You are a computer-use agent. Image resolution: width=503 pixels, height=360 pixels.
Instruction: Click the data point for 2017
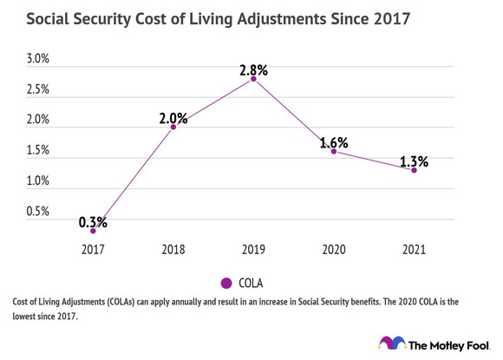93,231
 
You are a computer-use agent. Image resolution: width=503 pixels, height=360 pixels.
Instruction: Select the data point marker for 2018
173,127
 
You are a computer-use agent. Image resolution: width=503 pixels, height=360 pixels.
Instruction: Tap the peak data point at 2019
253,79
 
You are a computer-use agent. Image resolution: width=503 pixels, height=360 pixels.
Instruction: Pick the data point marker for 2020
334,151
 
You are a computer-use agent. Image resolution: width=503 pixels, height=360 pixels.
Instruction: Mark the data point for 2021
414,170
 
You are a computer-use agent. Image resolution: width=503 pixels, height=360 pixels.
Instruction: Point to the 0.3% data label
93,222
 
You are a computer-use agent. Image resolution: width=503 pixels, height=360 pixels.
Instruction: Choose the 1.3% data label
414,160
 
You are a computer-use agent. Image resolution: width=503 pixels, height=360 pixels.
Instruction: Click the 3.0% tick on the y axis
38,59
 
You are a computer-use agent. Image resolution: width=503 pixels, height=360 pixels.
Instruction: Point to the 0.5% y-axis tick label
38,212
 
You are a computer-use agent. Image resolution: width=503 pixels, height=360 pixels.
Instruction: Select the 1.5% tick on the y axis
38,151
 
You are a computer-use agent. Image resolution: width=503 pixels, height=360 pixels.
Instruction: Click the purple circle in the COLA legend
226,283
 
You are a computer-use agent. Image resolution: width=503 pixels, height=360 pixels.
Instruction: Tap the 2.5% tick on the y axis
38,89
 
